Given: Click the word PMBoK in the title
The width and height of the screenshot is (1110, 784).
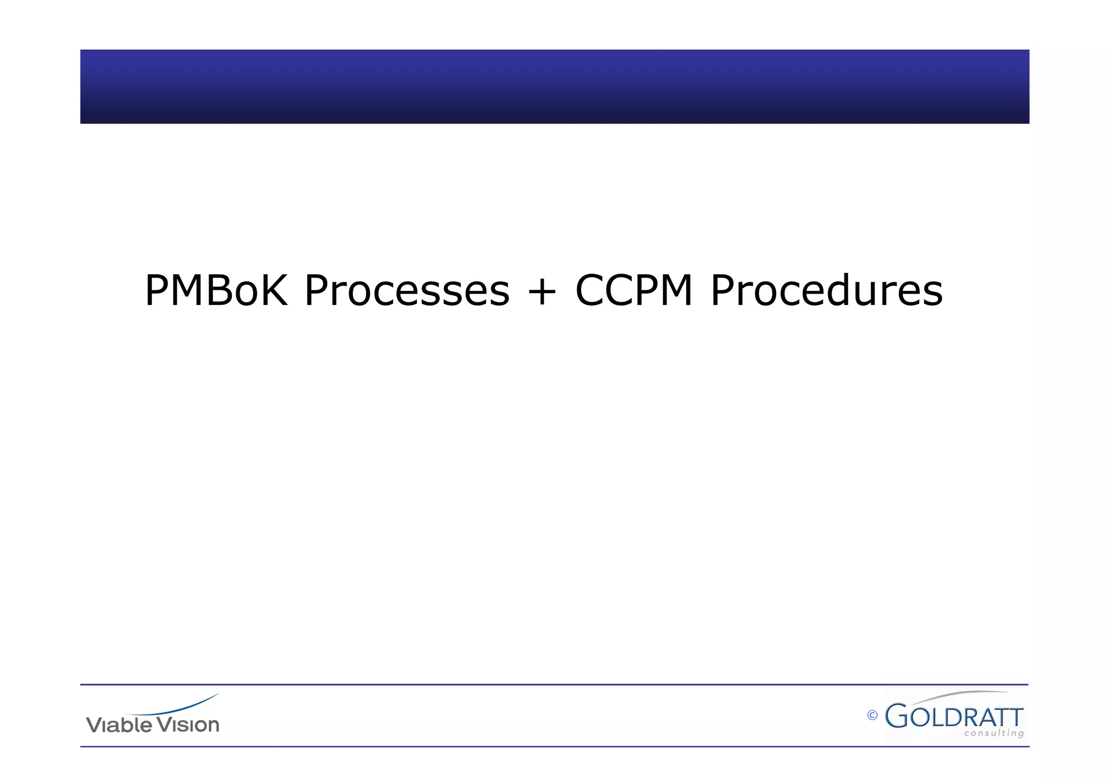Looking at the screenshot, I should [216, 291].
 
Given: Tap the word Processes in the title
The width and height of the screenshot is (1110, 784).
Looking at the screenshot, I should [406, 291].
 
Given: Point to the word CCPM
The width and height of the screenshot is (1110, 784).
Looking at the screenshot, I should [634, 291].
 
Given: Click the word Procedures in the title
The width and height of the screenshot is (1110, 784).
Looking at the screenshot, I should [827, 291].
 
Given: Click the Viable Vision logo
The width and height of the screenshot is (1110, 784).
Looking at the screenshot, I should [153, 715].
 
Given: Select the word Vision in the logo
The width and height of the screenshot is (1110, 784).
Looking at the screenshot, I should [188, 724].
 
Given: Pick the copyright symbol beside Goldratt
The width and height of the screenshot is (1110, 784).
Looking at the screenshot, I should [872, 716].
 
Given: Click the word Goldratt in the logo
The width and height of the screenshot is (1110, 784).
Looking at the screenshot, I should [954, 716].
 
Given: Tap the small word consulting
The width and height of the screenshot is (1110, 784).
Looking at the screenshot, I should [994, 734].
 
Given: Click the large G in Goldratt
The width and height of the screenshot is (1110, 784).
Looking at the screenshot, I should [896, 716].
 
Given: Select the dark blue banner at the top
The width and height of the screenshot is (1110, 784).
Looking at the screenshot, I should [554, 87].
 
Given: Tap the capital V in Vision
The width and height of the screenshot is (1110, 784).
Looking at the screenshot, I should [162, 724].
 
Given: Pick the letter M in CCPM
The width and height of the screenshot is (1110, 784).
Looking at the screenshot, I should [672, 291].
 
